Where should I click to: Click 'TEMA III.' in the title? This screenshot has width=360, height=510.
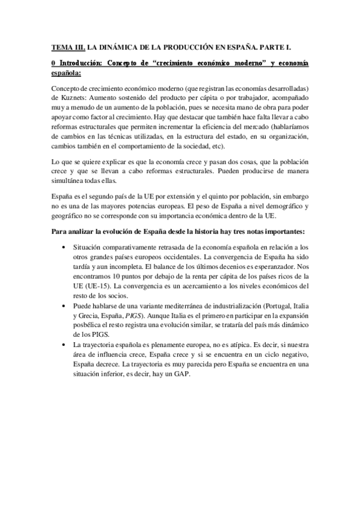coord(67,46)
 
